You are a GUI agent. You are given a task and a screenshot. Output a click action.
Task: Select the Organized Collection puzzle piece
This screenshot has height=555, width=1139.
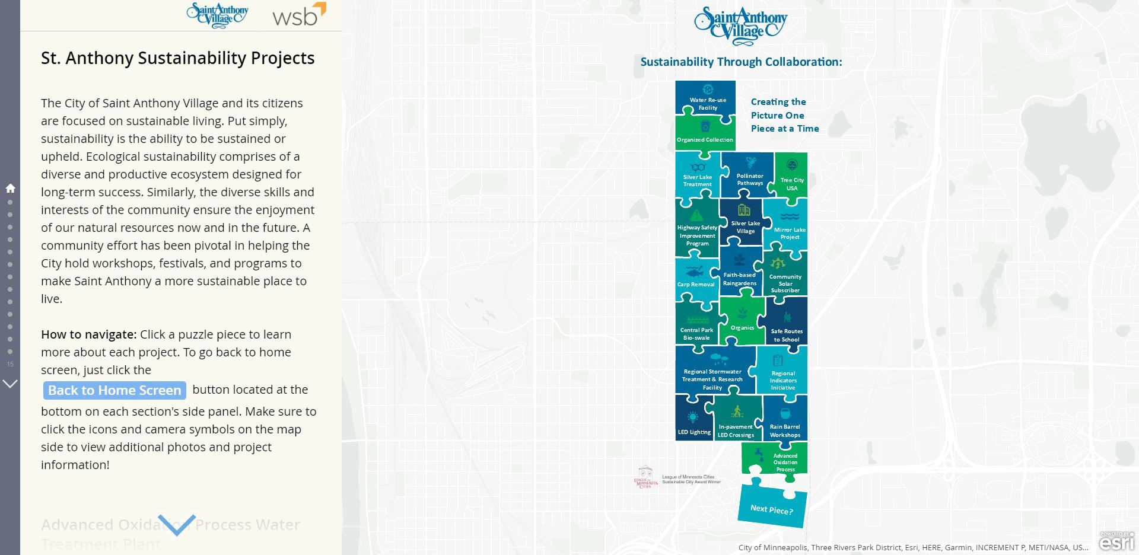[x=705, y=133]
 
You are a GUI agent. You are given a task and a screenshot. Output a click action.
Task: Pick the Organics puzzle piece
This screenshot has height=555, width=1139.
[x=742, y=322]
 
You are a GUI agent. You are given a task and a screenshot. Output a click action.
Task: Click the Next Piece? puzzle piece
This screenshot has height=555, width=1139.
[x=772, y=508]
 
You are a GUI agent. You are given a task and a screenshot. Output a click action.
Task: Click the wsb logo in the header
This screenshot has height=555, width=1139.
[x=299, y=15]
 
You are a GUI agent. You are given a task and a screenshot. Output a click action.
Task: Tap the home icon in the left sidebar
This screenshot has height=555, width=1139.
[x=10, y=189]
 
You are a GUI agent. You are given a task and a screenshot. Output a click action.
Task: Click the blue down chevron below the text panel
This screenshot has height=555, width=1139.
[x=177, y=525]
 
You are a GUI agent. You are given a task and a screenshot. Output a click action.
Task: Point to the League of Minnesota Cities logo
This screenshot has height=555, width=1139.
[x=645, y=477]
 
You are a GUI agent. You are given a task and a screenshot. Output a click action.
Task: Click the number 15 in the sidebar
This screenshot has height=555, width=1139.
[x=10, y=364]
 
